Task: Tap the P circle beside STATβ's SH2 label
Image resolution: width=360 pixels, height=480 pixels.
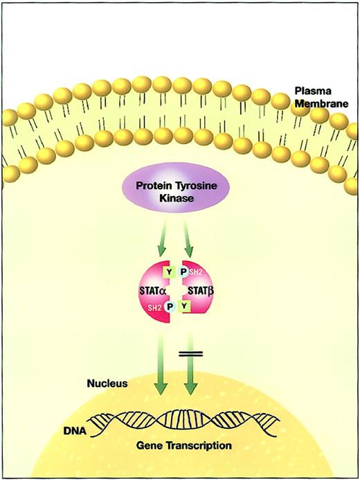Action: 183,272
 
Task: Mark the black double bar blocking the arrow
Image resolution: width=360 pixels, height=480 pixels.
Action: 191,355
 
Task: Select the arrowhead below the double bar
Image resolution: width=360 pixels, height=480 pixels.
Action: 191,391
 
